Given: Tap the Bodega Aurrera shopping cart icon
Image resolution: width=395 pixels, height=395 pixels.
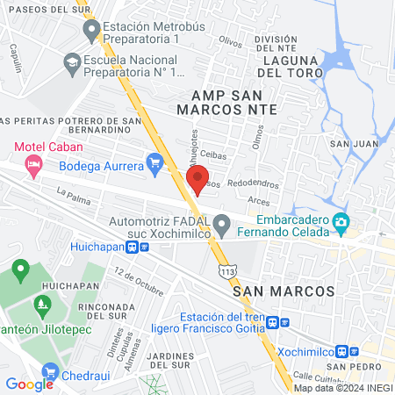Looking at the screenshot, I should pyautogui.click(x=156, y=162).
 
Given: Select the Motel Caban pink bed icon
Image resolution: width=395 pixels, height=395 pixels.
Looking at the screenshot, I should pyautogui.click(x=34, y=164).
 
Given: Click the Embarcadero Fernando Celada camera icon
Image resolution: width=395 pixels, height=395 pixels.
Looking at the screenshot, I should pyautogui.click(x=341, y=226).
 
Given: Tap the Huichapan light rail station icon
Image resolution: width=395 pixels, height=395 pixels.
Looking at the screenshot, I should pyautogui.click(x=132, y=247).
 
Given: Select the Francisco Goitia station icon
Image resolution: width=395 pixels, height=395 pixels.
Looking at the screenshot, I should pyautogui.click(x=274, y=322).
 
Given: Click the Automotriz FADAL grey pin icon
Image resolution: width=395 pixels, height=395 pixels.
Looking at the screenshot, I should pyautogui.click(x=223, y=228).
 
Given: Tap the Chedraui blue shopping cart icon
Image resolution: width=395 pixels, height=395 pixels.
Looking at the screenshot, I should pyautogui.click(x=50, y=372).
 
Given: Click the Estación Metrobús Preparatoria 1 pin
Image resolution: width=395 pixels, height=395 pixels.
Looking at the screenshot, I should pyautogui.click(x=91, y=32).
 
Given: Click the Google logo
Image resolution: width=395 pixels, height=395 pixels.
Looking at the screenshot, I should pyautogui.click(x=29, y=384).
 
